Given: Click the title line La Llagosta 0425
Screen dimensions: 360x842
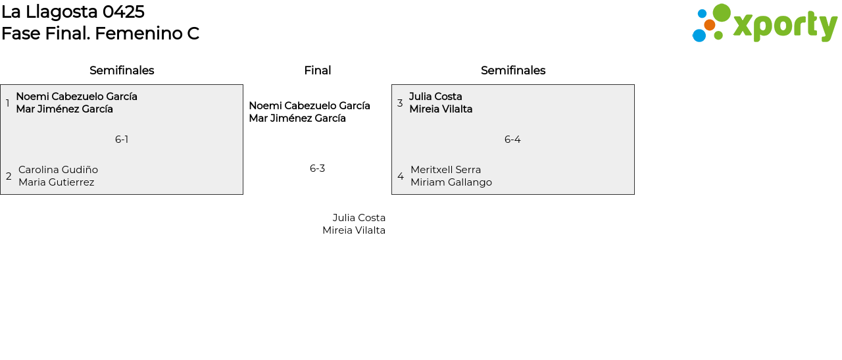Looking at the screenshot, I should [73, 12].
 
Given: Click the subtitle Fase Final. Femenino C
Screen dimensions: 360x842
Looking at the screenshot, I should [100, 34].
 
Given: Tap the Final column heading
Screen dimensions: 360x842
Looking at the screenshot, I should [317, 70].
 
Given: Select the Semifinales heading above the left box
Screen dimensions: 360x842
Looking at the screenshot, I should [122, 70].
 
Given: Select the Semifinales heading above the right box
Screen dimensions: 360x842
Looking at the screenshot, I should [513, 70].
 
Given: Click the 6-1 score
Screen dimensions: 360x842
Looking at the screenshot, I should [122, 140].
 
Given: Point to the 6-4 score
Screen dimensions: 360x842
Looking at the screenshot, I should [512, 140].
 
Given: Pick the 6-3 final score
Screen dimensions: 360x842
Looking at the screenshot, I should [317, 168].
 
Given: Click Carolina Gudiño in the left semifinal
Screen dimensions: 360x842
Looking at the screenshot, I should [58, 170].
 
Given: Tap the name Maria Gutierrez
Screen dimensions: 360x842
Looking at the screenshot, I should [56, 182].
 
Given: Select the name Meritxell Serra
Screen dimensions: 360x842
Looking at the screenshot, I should [445, 170].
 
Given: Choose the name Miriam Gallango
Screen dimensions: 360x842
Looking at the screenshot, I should [451, 182].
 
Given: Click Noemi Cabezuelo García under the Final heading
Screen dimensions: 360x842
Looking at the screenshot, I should [309, 106].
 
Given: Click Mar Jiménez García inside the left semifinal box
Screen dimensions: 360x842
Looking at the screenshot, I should [64, 109].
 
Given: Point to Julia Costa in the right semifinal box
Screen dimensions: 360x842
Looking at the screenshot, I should [435, 97].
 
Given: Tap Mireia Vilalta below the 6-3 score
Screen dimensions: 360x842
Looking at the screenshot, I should [354, 230].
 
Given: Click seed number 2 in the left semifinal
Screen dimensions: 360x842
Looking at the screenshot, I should [9, 176].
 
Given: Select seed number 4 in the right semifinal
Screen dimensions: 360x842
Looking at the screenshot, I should [400, 176].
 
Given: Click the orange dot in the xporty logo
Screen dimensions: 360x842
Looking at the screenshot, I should [709, 25].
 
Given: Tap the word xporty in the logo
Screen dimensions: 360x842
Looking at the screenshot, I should [785, 26].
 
